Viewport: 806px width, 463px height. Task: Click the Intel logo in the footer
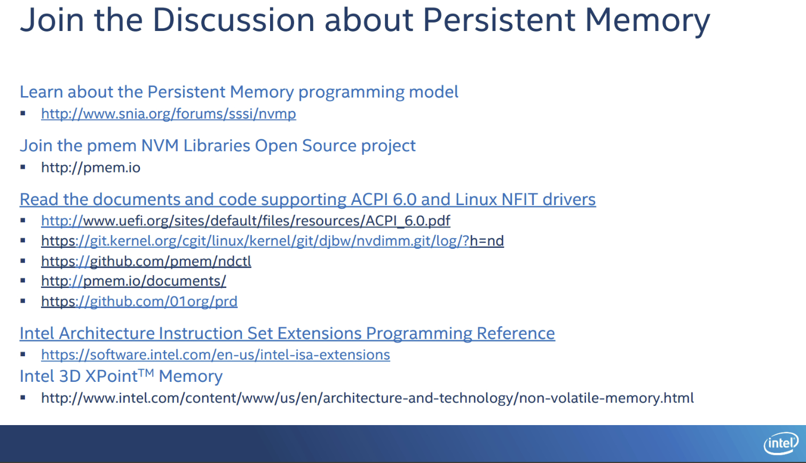tap(781, 443)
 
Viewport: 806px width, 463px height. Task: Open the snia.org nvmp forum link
tap(168, 114)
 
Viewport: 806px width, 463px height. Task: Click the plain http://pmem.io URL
tap(91, 167)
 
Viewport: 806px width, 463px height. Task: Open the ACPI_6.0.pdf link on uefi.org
tap(246, 221)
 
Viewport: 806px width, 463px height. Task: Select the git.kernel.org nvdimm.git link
tap(272, 241)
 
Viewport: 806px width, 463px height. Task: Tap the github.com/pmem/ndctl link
tap(146, 261)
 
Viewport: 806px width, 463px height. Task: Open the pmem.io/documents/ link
tap(133, 281)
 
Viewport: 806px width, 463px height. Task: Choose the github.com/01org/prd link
tap(139, 301)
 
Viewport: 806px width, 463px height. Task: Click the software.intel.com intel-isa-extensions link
tap(216, 355)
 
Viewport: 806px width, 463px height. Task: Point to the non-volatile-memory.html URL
tap(367, 398)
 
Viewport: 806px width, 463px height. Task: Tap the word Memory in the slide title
tap(647, 21)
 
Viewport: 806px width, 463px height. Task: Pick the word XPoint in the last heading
tap(112, 376)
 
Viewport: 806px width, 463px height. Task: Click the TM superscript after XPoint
tap(146, 373)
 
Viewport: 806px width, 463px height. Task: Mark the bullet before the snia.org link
tap(23, 114)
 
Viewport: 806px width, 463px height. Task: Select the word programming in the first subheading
tap(351, 92)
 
